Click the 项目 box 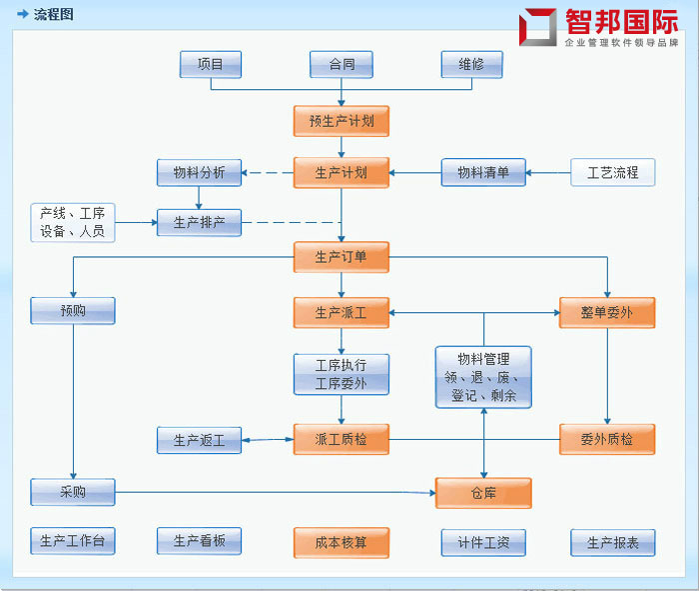(x=211, y=64)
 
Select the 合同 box (x=342, y=64)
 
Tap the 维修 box (x=471, y=64)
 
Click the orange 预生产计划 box (x=341, y=121)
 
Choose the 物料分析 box (x=199, y=173)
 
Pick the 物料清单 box (x=483, y=173)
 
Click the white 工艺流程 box (x=612, y=173)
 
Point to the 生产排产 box (x=199, y=222)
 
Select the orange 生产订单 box (x=341, y=257)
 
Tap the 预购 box (x=73, y=311)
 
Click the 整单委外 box (x=607, y=312)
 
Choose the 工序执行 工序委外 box (x=341, y=374)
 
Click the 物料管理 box (x=483, y=377)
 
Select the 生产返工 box (x=199, y=439)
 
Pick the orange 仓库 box (x=483, y=493)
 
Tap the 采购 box (x=73, y=492)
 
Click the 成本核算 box (x=341, y=542)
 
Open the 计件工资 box (x=483, y=542)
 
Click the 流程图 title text (x=53, y=14)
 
